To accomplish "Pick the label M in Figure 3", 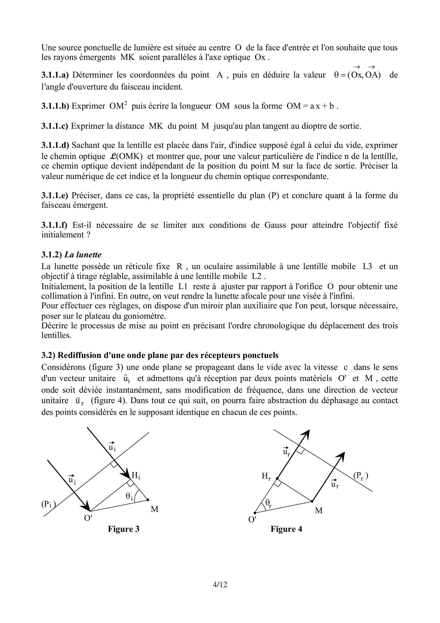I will click(155, 509).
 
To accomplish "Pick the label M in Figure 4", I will click(319, 511).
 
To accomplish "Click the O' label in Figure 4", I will click(252, 520).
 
